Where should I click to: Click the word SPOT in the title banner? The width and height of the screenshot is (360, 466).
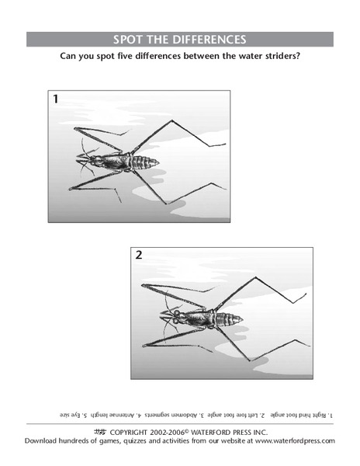(x=131, y=40)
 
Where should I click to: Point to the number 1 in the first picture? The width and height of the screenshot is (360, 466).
(x=55, y=99)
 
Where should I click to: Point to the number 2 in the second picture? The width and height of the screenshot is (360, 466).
(x=139, y=255)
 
